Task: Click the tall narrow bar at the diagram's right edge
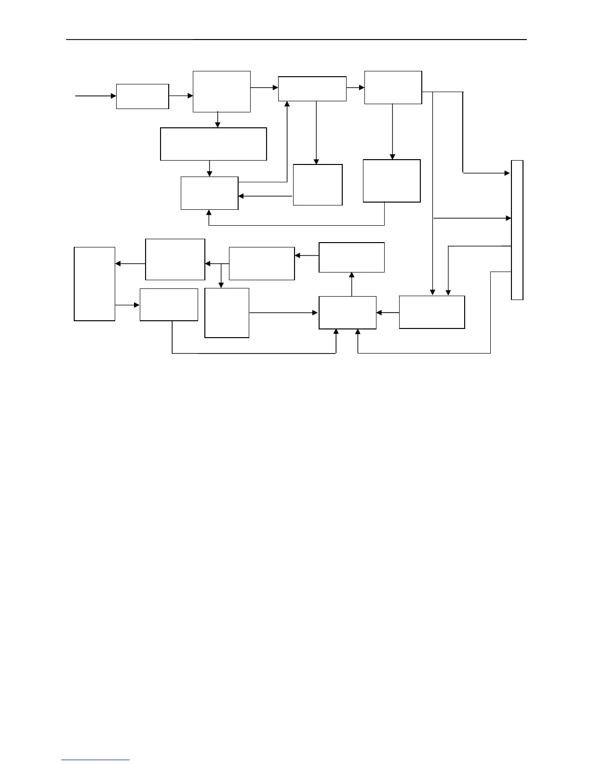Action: point(517,230)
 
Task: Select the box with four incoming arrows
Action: point(348,313)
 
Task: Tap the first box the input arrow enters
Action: point(142,96)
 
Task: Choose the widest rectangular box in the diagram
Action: point(213,144)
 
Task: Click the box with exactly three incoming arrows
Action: point(209,193)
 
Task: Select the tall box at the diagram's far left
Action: point(94,284)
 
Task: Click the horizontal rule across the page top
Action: point(296,40)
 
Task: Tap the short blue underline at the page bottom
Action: point(95,760)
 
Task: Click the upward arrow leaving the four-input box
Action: point(351,284)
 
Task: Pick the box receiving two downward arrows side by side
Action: point(432,312)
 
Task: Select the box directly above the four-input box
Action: point(351,257)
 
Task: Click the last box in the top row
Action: point(393,87)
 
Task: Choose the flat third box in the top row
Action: point(312,89)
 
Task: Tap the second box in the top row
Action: point(221,92)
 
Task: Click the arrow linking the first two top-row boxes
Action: point(181,96)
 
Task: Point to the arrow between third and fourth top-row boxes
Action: point(355,88)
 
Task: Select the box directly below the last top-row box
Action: point(391,181)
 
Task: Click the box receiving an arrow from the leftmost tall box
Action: point(169,304)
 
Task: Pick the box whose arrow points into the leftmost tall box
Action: point(175,259)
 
